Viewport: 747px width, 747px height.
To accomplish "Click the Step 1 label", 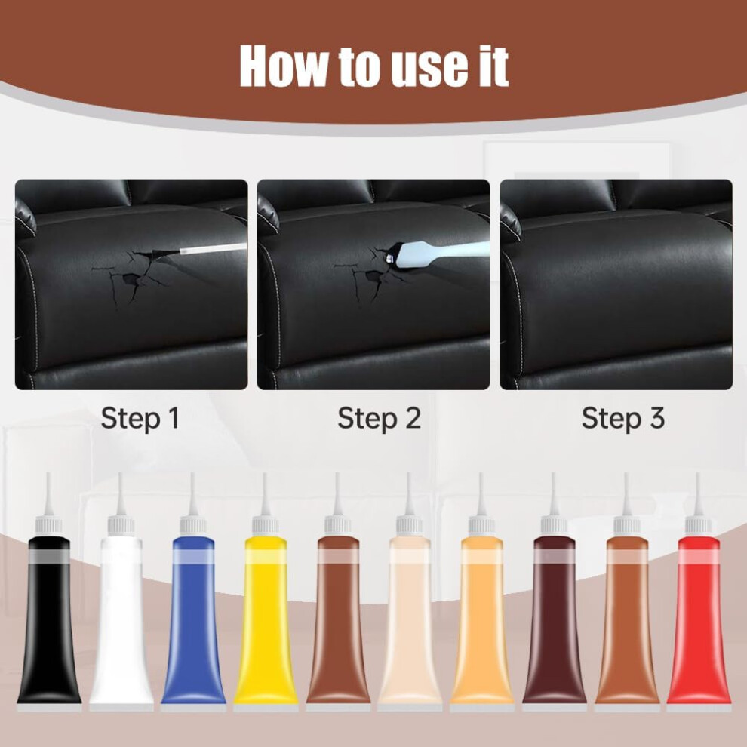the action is coord(140,419).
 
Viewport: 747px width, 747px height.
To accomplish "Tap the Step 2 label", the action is coord(380,419).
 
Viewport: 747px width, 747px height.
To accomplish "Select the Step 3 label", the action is coord(622,419).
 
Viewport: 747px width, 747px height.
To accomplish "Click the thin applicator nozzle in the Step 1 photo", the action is coord(213,250).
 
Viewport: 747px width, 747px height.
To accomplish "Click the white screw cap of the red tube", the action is coord(699,526).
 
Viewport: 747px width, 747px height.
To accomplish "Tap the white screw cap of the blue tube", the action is coord(193,526).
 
